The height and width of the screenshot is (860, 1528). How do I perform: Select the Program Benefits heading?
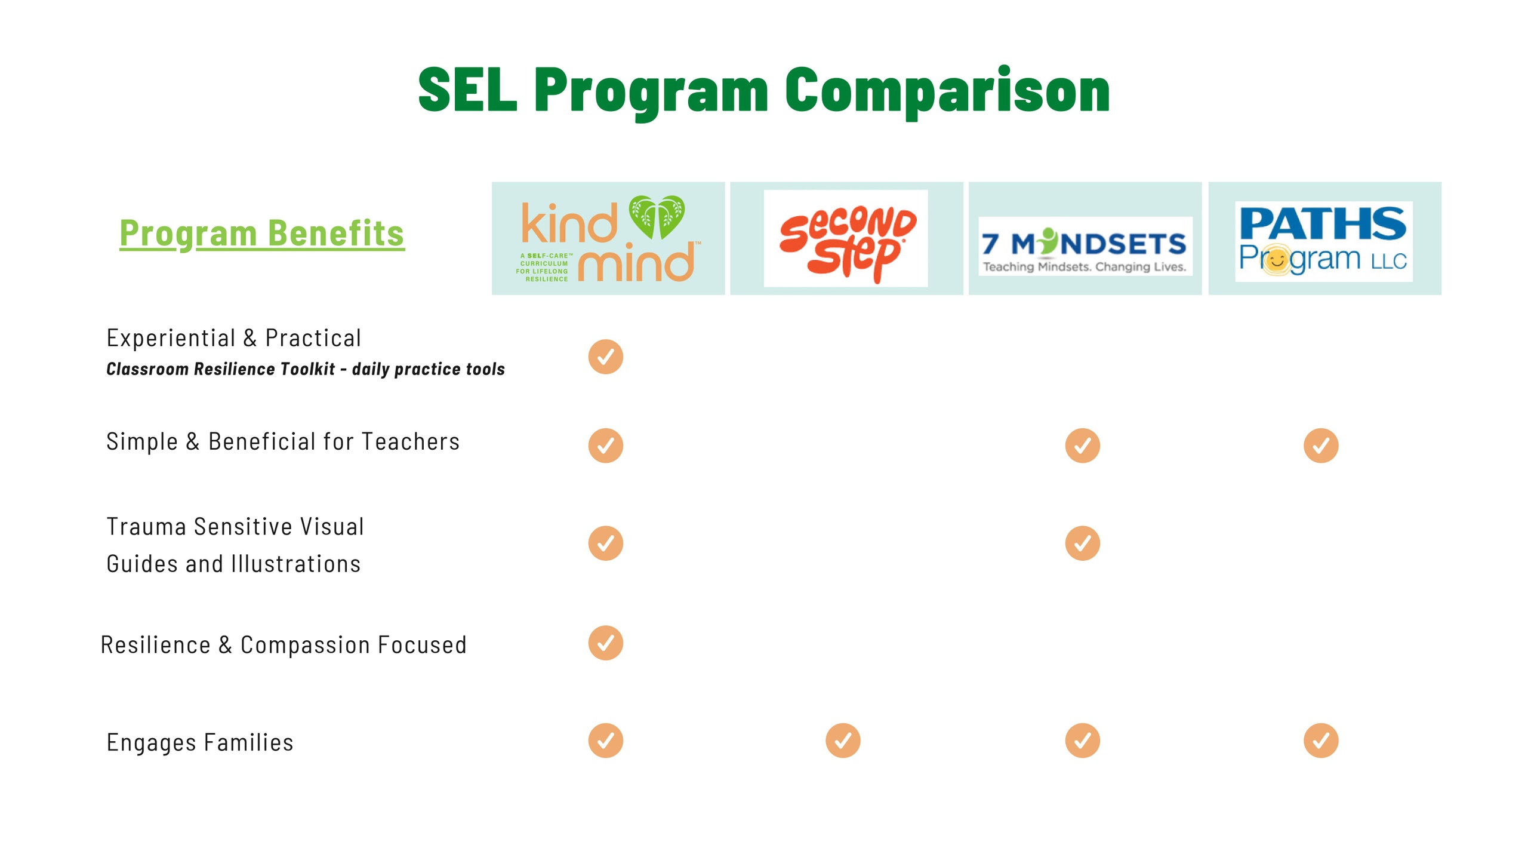pyautogui.click(x=262, y=234)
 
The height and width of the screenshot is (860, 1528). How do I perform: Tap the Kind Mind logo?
pyautogui.click(x=608, y=238)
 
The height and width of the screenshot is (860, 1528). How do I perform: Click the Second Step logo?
pyautogui.click(x=846, y=239)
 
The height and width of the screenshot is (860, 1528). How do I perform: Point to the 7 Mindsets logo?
pyautogui.click(x=1085, y=246)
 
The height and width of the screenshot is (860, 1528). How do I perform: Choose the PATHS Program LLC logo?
pyautogui.click(x=1323, y=241)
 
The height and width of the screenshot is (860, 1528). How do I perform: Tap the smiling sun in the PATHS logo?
pyautogui.click(x=1276, y=260)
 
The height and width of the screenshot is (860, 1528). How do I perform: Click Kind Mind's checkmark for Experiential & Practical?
pyautogui.click(x=606, y=357)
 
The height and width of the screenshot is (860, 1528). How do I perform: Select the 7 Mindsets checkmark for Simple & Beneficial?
pyautogui.click(x=1083, y=446)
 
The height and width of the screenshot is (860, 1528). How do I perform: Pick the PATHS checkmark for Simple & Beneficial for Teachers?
pyautogui.click(x=1321, y=446)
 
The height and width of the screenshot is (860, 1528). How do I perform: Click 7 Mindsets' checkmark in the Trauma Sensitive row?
pyautogui.click(x=1083, y=543)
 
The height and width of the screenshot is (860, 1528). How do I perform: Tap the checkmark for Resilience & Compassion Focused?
pyautogui.click(x=606, y=643)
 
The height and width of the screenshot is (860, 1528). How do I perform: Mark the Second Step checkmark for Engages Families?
pyautogui.click(x=843, y=741)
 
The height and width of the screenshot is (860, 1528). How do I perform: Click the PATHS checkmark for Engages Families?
pyautogui.click(x=1321, y=741)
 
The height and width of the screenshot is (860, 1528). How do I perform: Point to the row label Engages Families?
pyautogui.click(x=200, y=743)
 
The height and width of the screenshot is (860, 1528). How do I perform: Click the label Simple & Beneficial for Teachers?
pyautogui.click(x=283, y=442)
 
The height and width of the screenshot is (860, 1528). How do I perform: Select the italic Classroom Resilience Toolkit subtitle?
pyautogui.click(x=306, y=369)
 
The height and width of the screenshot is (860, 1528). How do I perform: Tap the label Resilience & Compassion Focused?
pyautogui.click(x=284, y=645)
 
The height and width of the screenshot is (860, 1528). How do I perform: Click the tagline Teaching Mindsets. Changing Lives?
pyautogui.click(x=1085, y=267)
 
